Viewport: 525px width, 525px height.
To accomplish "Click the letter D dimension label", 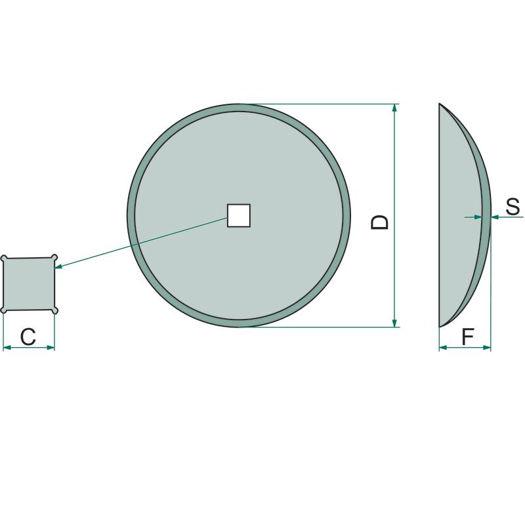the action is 380,222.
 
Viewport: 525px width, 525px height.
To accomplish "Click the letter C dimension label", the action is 28,337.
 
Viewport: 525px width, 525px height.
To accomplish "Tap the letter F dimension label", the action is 468,337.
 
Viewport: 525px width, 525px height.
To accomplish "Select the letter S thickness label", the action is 513,206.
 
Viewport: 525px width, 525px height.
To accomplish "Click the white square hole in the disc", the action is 239,216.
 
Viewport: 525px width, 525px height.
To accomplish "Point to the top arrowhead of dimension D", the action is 395,108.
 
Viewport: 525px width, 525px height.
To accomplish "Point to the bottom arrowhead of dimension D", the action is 395,323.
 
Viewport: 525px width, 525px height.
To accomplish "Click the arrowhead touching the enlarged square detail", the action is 58,266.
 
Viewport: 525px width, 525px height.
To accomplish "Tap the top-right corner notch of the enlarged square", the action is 54,257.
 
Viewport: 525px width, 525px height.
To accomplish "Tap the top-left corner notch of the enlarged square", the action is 4,258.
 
